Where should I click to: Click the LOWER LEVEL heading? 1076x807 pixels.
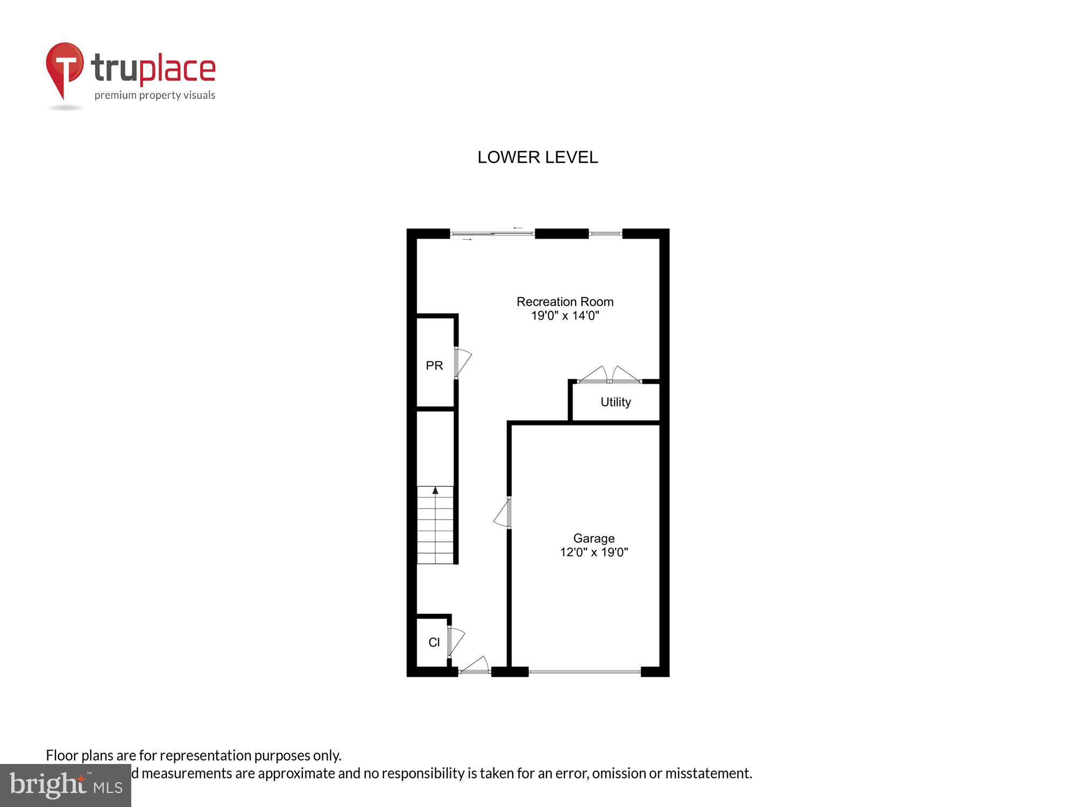tap(537, 157)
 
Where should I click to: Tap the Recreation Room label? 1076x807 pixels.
tap(565, 302)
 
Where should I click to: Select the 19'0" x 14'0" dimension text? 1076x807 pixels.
tap(565, 316)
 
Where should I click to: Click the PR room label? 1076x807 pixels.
tap(434, 366)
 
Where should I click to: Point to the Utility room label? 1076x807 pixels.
tap(615, 402)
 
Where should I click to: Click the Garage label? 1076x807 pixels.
tap(593, 538)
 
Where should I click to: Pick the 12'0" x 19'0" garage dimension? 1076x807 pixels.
tap(594, 553)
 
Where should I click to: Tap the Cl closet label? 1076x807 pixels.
tap(434, 642)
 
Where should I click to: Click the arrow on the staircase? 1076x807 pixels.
tap(435, 491)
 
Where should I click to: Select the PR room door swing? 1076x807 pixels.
tap(463, 362)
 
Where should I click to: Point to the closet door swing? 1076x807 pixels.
tap(456, 641)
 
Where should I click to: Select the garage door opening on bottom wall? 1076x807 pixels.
tap(584, 671)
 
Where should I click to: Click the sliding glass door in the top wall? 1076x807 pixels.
tap(492, 233)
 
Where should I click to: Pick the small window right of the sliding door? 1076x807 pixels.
tap(605, 233)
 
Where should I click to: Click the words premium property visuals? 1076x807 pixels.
tap(155, 96)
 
